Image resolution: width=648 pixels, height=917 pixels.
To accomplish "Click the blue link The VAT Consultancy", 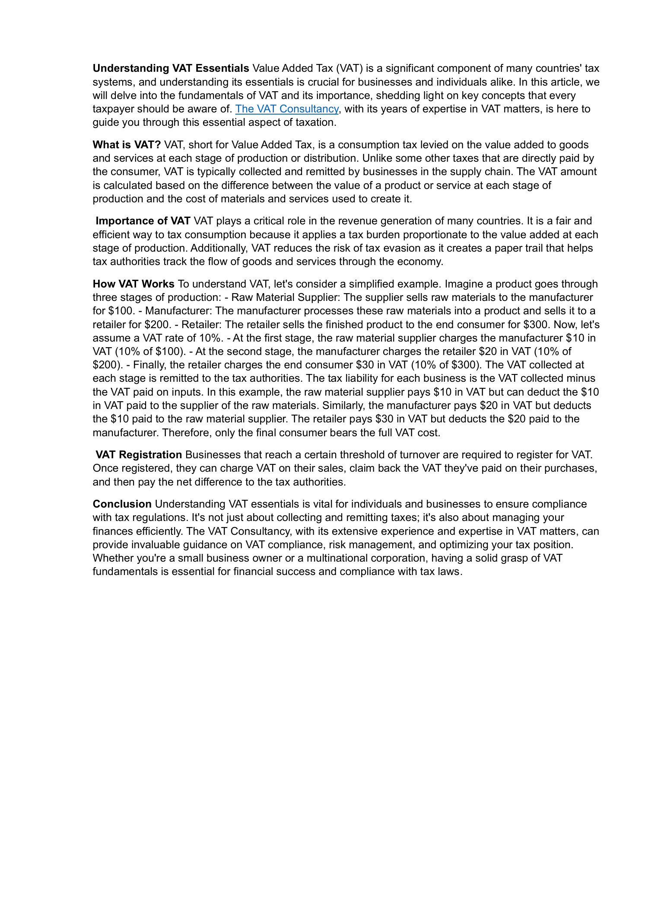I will pos(286,109).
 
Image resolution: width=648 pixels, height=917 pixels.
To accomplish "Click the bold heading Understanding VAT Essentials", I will pos(171,68).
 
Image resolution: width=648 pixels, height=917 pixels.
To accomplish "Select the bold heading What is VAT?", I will pos(127,145).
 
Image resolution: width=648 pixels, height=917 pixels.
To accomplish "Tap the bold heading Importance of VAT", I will pos(143,221).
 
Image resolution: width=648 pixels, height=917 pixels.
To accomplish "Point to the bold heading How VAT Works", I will pos(133,284).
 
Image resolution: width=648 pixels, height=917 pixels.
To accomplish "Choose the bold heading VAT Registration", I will pos(139,455).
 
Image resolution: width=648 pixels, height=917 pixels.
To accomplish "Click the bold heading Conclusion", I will pos(122,504).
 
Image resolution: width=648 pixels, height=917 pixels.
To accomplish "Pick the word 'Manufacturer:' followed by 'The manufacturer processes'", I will pos(178,311).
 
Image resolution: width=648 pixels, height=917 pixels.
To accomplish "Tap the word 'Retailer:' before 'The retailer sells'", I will pos(201,325).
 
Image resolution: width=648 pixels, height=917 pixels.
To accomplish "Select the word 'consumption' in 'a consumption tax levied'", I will pos(368,145).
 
